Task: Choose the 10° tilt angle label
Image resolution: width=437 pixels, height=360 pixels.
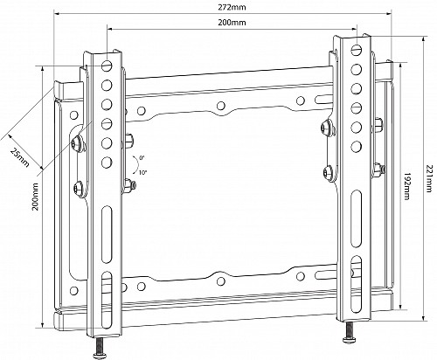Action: pyautogui.click(x=142, y=172)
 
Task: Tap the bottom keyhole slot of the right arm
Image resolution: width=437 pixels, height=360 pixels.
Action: pyautogui.click(x=357, y=281)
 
